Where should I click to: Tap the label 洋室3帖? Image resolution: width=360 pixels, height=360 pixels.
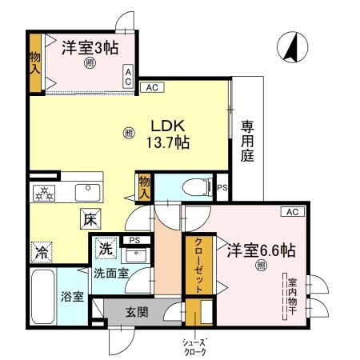tap(90, 48)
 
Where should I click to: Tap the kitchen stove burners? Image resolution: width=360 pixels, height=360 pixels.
tap(44, 192)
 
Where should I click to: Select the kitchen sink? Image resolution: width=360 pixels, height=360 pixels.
tap(85, 192)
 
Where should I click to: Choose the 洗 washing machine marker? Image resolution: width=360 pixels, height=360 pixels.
tap(106, 249)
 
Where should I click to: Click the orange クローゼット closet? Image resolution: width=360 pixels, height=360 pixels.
tap(194, 266)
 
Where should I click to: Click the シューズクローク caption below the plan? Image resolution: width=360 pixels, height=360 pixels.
tap(194, 346)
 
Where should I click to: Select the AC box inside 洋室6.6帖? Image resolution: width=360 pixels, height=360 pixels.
tap(291, 211)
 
